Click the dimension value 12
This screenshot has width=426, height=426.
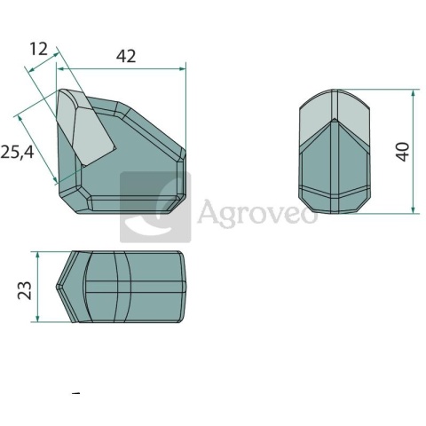pos(38,49)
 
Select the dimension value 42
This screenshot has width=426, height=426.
pos(126,56)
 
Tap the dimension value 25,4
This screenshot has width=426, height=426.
pos(17,153)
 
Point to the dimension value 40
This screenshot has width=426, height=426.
pos(403,152)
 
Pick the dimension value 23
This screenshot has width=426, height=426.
pos(25,290)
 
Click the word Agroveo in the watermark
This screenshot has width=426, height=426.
pos(256,211)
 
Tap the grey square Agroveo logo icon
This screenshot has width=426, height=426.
pos(155,207)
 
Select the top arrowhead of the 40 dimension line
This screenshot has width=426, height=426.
pos(414,93)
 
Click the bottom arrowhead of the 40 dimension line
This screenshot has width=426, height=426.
pos(414,209)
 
